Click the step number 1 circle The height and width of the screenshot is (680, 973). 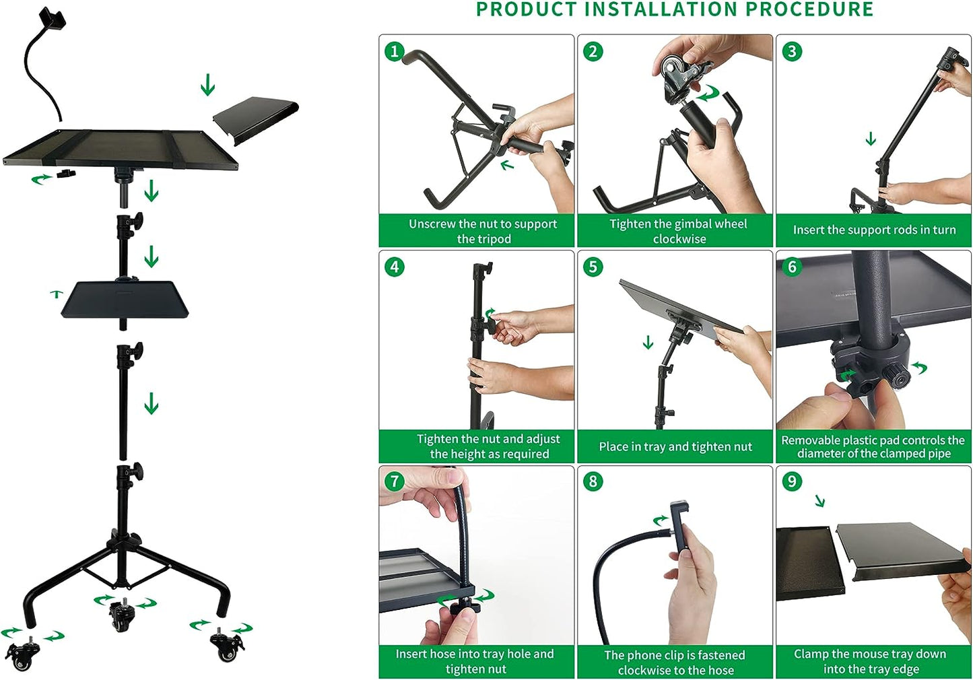coord(395,51)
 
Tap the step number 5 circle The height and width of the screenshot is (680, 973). coord(593,267)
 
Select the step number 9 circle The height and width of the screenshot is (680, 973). coord(792,481)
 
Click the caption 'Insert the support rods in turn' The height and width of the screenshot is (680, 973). coord(874,230)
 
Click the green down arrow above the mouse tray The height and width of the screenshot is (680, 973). coord(207,85)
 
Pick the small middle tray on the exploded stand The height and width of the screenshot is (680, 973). coord(125,299)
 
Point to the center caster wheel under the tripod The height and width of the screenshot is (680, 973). coord(122,615)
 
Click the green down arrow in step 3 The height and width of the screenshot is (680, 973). coord(871,139)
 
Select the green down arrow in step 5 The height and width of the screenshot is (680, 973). coord(648,342)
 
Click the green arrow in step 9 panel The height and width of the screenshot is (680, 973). coord(819,501)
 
